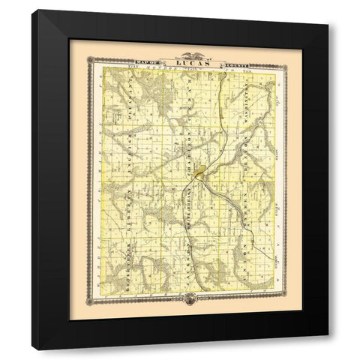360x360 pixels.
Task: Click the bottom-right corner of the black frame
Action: click(x=328, y=349)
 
